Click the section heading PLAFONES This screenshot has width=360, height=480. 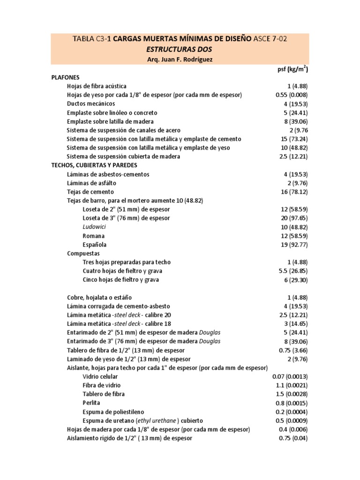coord(65,77)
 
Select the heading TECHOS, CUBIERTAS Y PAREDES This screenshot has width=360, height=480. coord(95,165)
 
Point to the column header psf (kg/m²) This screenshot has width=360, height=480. coord(292,69)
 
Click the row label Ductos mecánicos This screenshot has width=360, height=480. coord(91,104)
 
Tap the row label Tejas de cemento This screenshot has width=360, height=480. coord(90,192)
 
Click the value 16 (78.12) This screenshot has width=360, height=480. coord(294,192)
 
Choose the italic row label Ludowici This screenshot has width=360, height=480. coord(94,227)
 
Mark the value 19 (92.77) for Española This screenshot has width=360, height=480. coord(294,245)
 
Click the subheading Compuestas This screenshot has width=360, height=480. coord(83,254)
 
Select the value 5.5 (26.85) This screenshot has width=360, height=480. coord(292,271)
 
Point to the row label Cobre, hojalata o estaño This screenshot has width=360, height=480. coord(99,297)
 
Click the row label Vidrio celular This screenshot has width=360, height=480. coord(100,376)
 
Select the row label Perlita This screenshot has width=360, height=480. coord(91,403)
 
